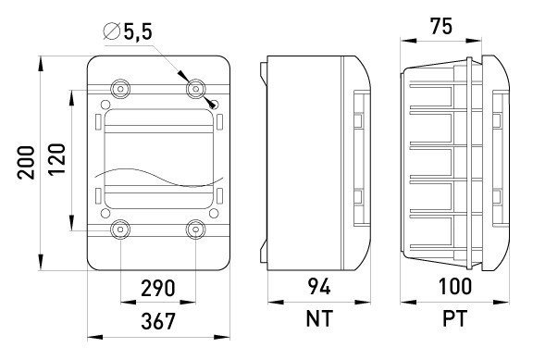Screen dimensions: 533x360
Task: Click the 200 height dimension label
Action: [x=26, y=163]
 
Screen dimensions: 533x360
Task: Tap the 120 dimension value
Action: [x=56, y=159]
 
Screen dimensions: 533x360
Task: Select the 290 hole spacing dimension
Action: [x=158, y=288]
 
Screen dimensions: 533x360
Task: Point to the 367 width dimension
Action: [x=158, y=321]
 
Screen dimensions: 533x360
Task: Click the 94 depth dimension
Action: [x=319, y=286]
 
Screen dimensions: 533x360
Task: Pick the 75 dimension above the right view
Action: [x=441, y=26]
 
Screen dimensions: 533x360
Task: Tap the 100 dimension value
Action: [x=455, y=286]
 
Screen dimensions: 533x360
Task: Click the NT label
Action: [x=319, y=318]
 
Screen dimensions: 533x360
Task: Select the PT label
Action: [x=455, y=318]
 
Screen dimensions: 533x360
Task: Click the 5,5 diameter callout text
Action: [x=138, y=31]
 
